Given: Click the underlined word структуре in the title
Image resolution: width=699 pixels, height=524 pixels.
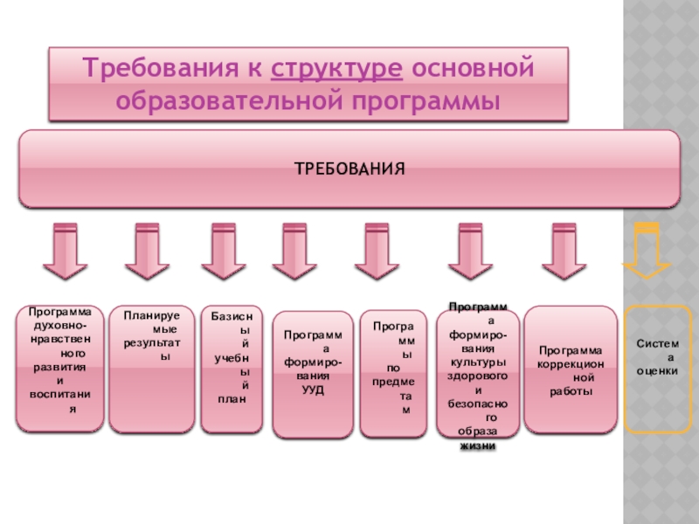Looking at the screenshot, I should click(337, 68).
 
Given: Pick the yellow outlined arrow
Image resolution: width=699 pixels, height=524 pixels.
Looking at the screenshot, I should click(646, 253).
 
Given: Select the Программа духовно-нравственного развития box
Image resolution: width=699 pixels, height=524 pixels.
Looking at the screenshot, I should click(60, 368).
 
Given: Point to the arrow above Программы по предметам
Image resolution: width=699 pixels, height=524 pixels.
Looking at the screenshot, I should click(377, 252).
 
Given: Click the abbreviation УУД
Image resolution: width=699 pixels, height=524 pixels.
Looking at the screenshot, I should click(313, 390).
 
